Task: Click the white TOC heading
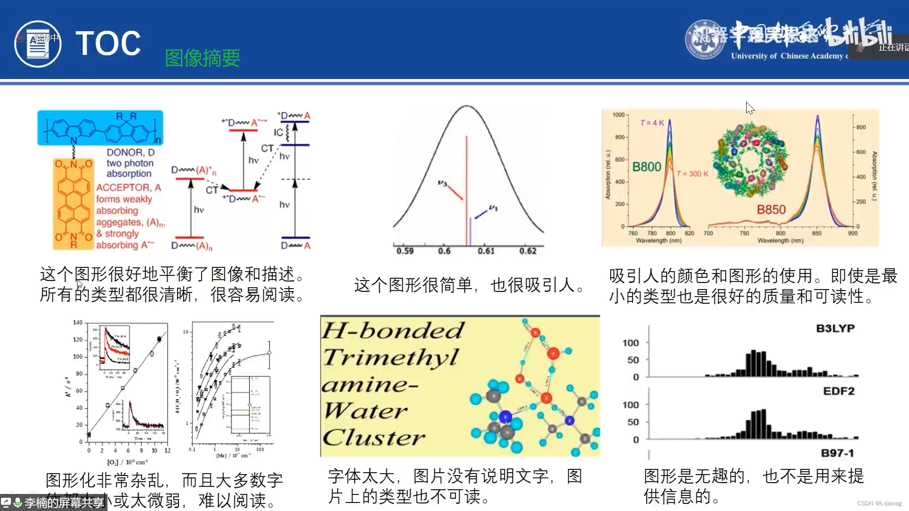pyautogui.click(x=108, y=44)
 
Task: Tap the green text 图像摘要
pyautogui.click(x=203, y=58)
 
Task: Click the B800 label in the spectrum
pyautogui.click(x=647, y=167)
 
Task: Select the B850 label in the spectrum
pyautogui.click(x=771, y=210)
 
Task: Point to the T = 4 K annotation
pyautogui.click(x=652, y=123)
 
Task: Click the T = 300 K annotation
pyautogui.click(x=692, y=174)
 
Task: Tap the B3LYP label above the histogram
pyautogui.click(x=835, y=328)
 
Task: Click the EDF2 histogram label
pyautogui.click(x=838, y=391)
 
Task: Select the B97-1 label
pyautogui.click(x=837, y=453)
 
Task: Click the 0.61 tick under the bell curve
pyautogui.click(x=486, y=251)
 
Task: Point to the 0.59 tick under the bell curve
pyautogui.click(x=405, y=251)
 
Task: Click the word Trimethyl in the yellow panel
pyautogui.click(x=391, y=357)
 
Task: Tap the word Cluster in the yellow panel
pyautogui.click(x=374, y=438)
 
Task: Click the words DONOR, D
pyautogui.click(x=131, y=152)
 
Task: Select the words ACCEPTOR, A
pyautogui.click(x=129, y=187)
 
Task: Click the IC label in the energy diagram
pyautogui.click(x=278, y=132)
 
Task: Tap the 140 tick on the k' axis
pyautogui.click(x=78, y=323)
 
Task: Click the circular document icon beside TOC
pyautogui.click(x=38, y=44)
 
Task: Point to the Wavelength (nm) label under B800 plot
pyautogui.click(x=659, y=241)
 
